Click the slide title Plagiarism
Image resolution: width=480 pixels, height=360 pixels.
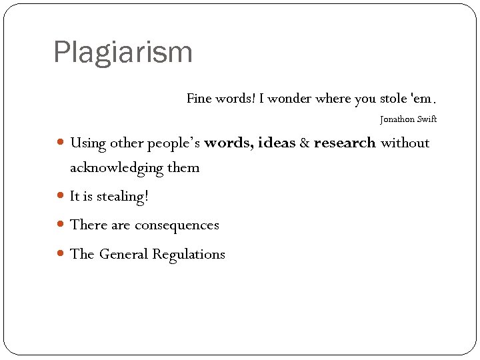pos(123,53)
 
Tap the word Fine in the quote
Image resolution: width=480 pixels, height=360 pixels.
pos(199,99)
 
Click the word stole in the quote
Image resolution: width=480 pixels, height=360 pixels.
pos(394,99)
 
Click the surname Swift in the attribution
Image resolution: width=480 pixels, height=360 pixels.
pos(427,119)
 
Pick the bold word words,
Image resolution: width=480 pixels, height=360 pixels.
pos(229,143)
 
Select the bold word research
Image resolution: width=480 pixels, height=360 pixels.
pos(345,143)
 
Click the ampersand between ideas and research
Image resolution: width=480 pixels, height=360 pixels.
pos(305,143)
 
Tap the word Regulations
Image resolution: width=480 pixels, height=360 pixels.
pos(189,254)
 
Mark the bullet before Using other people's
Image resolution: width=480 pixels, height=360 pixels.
pos(61,142)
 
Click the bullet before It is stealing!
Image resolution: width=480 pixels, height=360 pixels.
pos(61,196)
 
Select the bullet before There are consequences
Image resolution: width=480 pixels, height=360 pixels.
pos(61,224)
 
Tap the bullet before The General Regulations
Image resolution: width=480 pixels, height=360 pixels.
pos(61,253)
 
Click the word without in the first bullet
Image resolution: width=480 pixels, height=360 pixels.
pos(405,143)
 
